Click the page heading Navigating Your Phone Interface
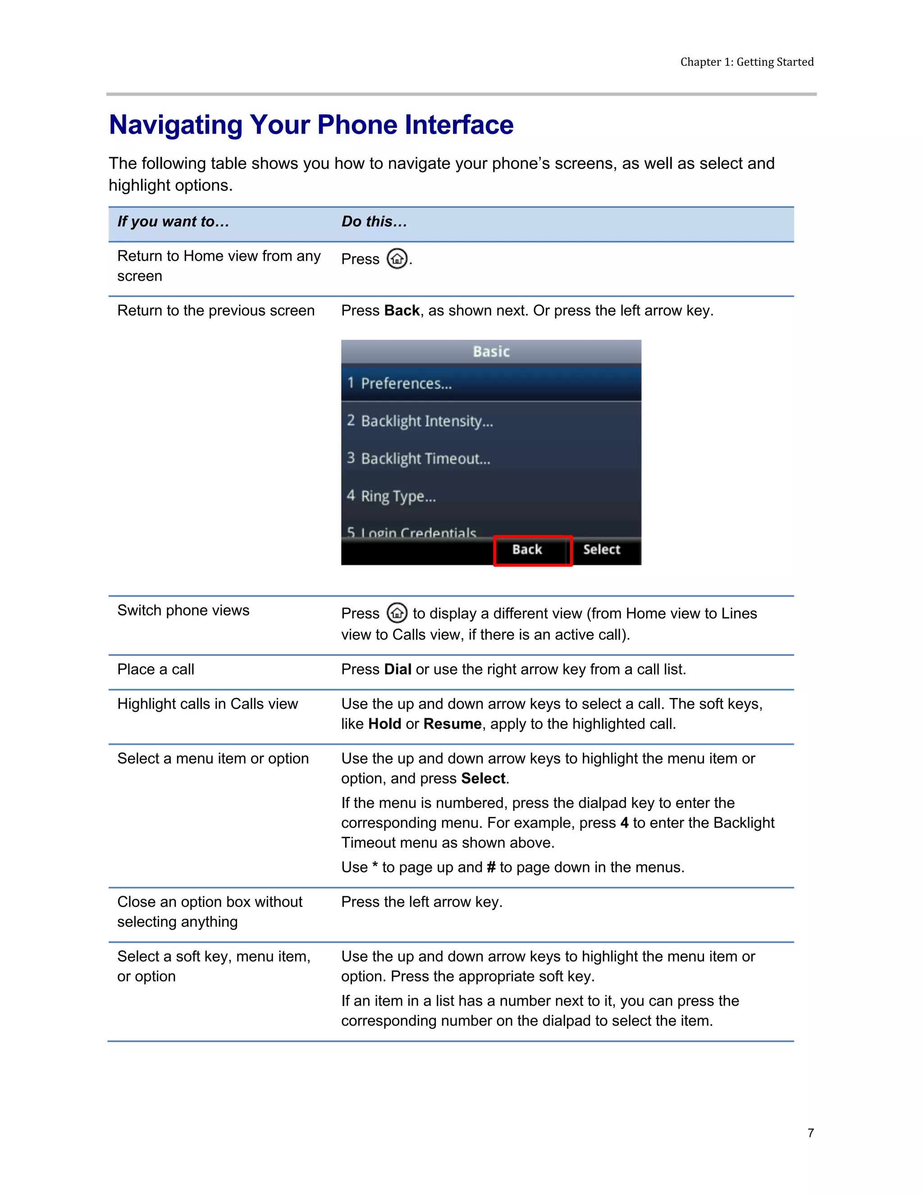click(311, 125)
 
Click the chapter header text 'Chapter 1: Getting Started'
click(746, 62)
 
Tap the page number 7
click(810, 1133)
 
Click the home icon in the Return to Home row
click(397, 259)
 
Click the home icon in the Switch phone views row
click(397, 613)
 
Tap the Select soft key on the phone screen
click(602, 550)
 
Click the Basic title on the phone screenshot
click(491, 351)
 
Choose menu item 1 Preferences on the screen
click(406, 383)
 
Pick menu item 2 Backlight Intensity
click(426, 421)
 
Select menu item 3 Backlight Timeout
click(425, 459)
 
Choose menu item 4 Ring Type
click(398, 497)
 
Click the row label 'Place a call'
click(156, 669)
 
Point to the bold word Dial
click(398, 669)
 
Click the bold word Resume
click(452, 724)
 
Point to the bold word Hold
click(384, 724)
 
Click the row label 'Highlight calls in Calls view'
click(207, 704)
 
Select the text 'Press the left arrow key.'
click(421, 902)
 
